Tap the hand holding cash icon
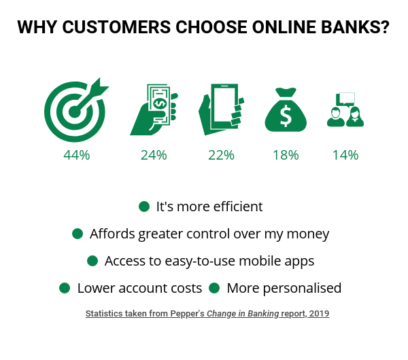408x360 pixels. [x=154, y=109]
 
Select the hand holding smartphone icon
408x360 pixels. [x=222, y=109]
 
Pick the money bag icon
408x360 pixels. [x=286, y=109]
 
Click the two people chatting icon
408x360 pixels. [x=345, y=109]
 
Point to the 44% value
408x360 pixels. [x=76, y=155]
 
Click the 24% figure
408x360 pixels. [x=154, y=155]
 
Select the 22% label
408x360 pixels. [x=221, y=155]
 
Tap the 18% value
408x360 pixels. [x=286, y=155]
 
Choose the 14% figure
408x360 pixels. [x=345, y=155]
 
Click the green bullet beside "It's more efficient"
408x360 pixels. [x=144, y=206]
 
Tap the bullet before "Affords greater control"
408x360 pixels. [x=78, y=234]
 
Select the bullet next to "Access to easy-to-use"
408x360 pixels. [x=92, y=261]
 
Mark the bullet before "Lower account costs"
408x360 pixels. [x=65, y=288]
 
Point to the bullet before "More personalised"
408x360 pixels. [x=214, y=288]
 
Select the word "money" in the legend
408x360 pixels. [x=308, y=234]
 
